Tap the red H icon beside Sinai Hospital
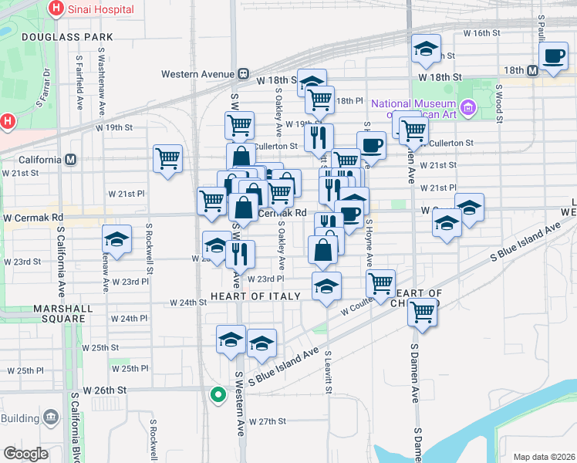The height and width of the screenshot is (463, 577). point(56,8)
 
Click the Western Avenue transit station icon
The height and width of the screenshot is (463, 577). point(242,74)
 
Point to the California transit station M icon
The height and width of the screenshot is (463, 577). point(71,160)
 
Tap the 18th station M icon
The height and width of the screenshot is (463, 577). point(532,70)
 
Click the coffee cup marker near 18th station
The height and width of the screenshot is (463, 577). point(554,56)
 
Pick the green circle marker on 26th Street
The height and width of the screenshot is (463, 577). point(218,396)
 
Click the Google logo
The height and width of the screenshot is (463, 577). point(25,453)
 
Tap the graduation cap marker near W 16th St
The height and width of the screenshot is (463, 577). point(426,49)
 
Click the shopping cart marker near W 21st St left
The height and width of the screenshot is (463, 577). point(167,158)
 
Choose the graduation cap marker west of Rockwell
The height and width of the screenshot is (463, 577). point(116,239)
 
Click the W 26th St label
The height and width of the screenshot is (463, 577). point(105,390)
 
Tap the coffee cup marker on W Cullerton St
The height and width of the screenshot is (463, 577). point(371,144)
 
